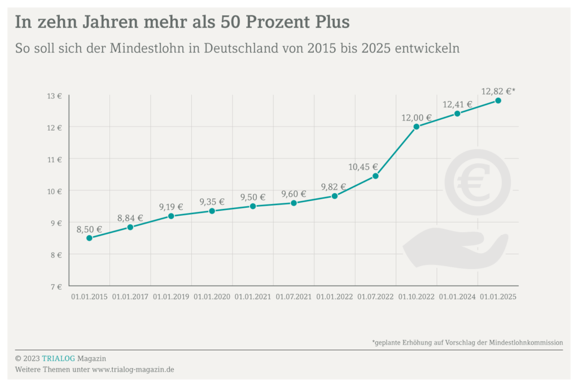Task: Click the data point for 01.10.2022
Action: (x=417, y=127)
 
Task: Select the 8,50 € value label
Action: (x=89, y=229)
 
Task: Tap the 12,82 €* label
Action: (x=498, y=91)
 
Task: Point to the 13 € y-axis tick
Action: (x=55, y=96)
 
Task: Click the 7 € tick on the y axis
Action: (x=55, y=286)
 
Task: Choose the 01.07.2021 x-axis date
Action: (x=294, y=297)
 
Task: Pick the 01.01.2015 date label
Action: (x=89, y=297)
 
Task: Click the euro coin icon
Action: (x=478, y=182)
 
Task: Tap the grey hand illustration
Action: (x=455, y=247)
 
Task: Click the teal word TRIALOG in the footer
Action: (x=58, y=358)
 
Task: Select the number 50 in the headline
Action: (x=249, y=22)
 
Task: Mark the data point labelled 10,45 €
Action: (x=375, y=176)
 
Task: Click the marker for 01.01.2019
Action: (x=171, y=216)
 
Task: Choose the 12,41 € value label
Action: (x=457, y=105)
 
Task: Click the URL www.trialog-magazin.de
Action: (x=133, y=369)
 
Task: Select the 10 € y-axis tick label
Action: (x=55, y=192)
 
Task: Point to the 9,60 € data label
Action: (x=294, y=194)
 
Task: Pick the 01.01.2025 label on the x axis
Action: (x=498, y=297)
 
